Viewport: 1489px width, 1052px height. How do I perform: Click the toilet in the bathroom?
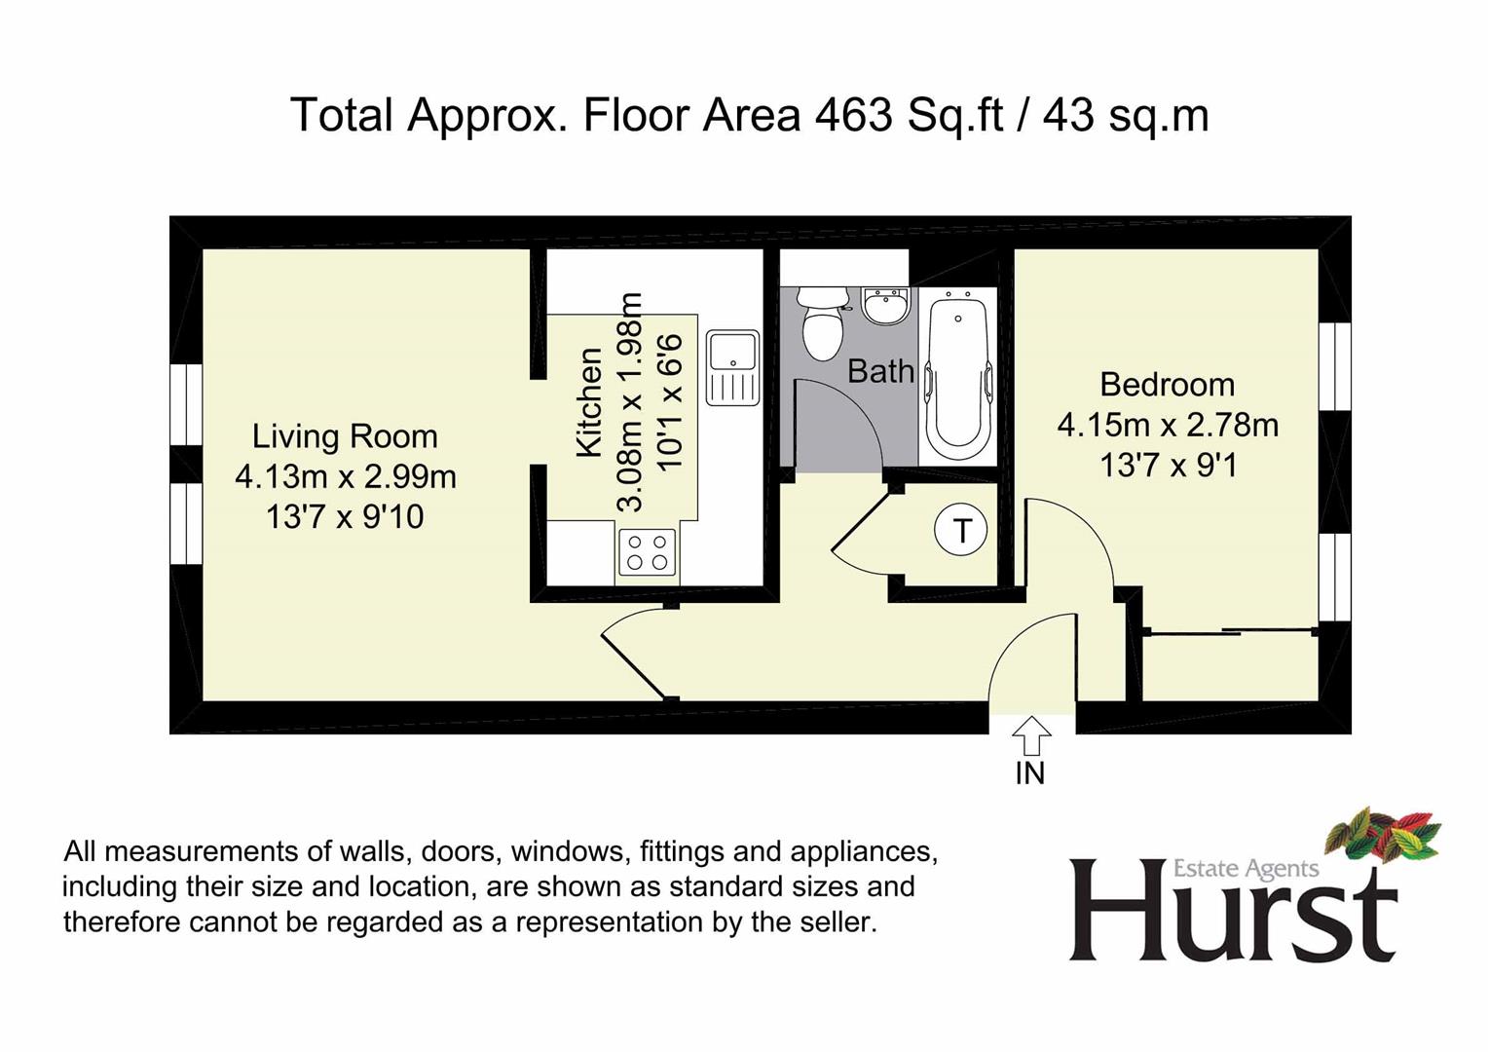[x=823, y=323]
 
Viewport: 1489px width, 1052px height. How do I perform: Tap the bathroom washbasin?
[x=885, y=306]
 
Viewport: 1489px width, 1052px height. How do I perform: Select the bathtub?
[x=958, y=380]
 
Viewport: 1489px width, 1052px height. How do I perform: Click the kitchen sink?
[x=732, y=368]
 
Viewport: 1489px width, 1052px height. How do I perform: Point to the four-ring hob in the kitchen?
[x=647, y=552]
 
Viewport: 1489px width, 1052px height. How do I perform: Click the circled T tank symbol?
[x=960, y=530]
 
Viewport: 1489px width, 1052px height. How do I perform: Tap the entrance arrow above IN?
[x=1031, y=735]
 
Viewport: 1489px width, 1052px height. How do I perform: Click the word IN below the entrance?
[x=1030, y=773]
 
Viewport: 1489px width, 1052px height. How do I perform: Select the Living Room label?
[x=345, y=437]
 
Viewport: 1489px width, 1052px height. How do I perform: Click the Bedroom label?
[x=1168, y=385]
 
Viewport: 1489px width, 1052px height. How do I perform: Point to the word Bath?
[x=880, y=371]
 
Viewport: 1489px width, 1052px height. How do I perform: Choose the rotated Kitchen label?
[x=589, y=402]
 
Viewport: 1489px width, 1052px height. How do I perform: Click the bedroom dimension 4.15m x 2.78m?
[x=1168, y=425]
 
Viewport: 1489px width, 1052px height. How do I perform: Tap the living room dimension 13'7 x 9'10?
[x=345, y=516]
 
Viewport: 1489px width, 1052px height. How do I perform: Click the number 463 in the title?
[x=853, y=115]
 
